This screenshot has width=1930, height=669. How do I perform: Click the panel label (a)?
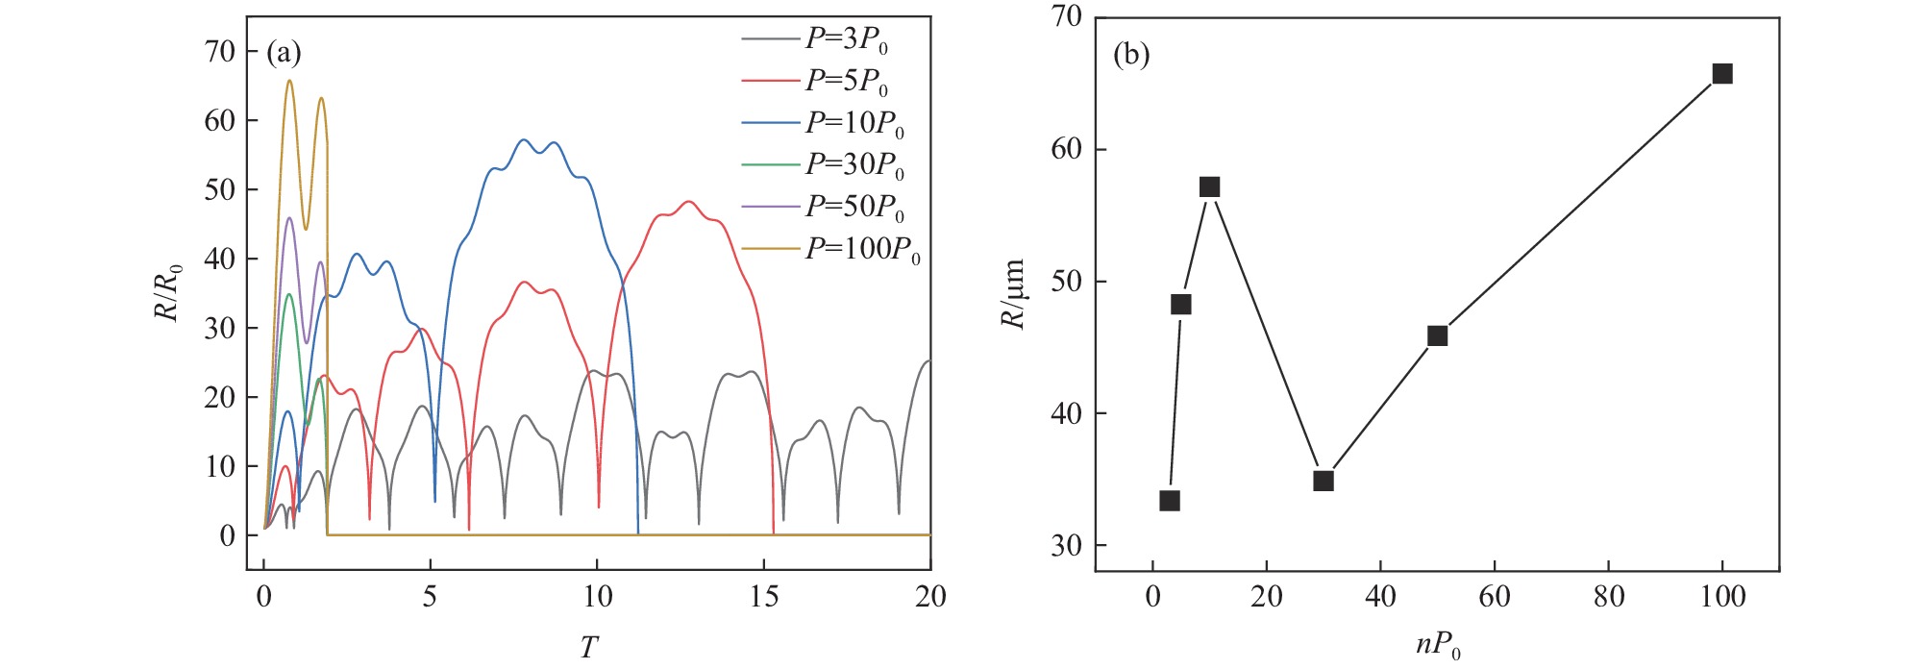[284, 53]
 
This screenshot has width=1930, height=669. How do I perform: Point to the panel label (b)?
[1131, 55]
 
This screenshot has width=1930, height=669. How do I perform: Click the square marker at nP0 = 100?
[1722, 74]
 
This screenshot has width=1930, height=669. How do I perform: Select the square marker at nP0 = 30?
[1324, 481]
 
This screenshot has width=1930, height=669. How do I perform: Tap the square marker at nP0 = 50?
[1437, 335]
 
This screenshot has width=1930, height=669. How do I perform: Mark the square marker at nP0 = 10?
[1209, 186]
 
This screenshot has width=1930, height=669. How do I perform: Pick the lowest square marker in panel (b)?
[1170, 501]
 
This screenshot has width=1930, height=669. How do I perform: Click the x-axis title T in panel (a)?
[589, 648]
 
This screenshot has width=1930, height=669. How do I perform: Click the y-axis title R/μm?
[1014, 294]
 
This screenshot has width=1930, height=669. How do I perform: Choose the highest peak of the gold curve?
[288, 80]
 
